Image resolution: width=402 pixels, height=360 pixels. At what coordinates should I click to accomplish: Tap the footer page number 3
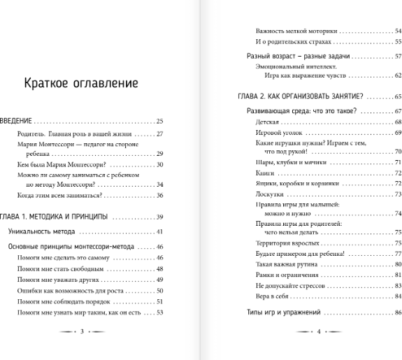point(82,332)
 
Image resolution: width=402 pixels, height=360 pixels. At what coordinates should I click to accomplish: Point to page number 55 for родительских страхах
point(397,42)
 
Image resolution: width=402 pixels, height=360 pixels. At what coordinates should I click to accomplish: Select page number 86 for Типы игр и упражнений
point(397,310)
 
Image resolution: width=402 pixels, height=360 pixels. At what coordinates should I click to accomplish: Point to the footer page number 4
point(318,332)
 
